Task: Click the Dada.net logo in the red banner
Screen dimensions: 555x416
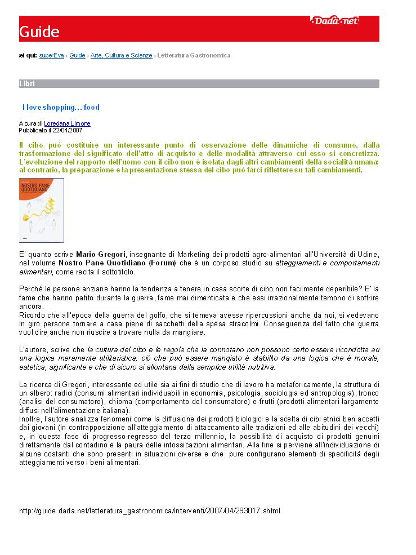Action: (x=334, y=22)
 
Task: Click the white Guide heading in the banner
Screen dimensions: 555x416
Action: (x=39, y=32)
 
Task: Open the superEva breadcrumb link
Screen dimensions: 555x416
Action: (x=52, y=56)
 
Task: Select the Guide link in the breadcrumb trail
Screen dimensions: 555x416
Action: (x=78, y=56)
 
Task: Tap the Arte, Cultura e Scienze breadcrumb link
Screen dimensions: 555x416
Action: (x=121, y=56)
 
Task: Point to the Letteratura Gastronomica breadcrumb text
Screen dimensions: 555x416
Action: (x=194, y=56)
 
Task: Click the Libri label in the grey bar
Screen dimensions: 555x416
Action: (x=27, y=84)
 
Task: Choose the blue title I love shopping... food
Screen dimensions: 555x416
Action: (x=61, y=108)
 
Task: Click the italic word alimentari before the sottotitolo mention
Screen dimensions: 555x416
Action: (x=36, y=272)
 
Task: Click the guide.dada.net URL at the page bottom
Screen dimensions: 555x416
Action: (x=149, y=511)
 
